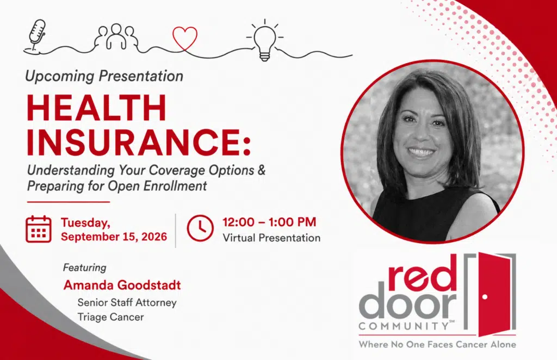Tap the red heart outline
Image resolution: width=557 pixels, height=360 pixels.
pos(185,39)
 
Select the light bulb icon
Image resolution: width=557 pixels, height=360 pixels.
pos(265,41)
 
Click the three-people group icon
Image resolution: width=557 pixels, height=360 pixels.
pos(116,36)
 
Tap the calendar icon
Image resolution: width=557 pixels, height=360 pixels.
pos(39,229)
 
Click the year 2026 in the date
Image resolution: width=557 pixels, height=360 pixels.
pos(154,237)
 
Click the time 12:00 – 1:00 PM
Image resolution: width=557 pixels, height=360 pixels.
pos(269,222)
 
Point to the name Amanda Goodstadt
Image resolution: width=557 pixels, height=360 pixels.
pos(122,285)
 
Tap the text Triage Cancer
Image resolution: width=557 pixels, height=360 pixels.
pos(111,316)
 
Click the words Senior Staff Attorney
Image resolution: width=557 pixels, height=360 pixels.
pos(127,302)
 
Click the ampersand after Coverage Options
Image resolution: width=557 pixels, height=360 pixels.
pos(262,170)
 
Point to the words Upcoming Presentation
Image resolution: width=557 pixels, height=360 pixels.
pos(104,76)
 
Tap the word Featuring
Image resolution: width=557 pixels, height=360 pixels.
pos(84,268)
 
